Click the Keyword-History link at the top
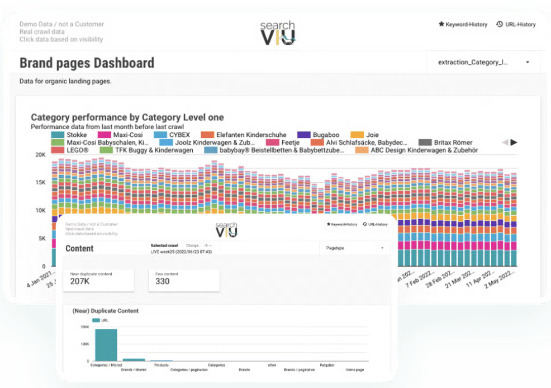pos(463,25)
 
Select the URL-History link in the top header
pos(516,25)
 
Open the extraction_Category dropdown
pos(483,62)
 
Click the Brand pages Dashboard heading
pos(87,63)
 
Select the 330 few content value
pos(162,282)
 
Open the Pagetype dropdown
pos(355,248)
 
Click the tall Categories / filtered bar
pos(106,345)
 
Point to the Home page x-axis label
pos(354,370)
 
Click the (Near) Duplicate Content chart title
pos(106,310)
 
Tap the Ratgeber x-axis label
pos(327,365)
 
